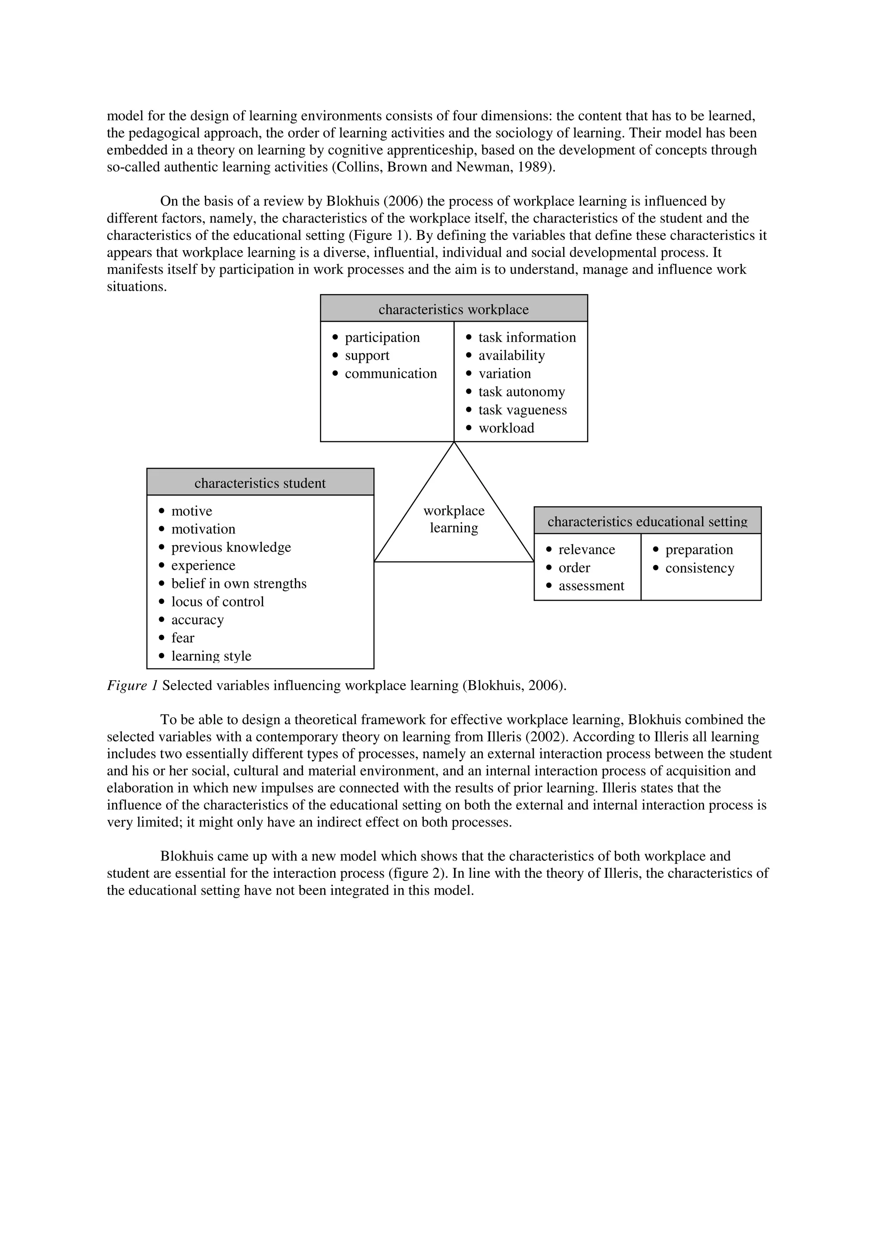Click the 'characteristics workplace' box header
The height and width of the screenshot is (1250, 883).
coord(453,309)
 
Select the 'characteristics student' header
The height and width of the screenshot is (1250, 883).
coord(260,483)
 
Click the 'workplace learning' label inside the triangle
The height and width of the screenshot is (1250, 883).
coord(454,519)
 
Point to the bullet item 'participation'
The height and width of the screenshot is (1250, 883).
coord(382,338)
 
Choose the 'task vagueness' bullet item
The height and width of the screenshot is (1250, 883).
coord(522,410)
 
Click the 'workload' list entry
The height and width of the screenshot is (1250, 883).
coord(506,428)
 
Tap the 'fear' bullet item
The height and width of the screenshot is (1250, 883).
coord(183,638)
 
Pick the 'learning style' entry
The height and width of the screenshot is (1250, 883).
coord(211,656)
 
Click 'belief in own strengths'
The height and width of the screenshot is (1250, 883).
coord(239,584)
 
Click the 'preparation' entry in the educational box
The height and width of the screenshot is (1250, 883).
coord(698,550)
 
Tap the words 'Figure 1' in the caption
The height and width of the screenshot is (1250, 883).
coord(132,685)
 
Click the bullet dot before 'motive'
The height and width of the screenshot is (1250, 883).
coord(162,511)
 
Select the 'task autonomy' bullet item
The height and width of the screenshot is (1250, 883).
coord(521,392)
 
